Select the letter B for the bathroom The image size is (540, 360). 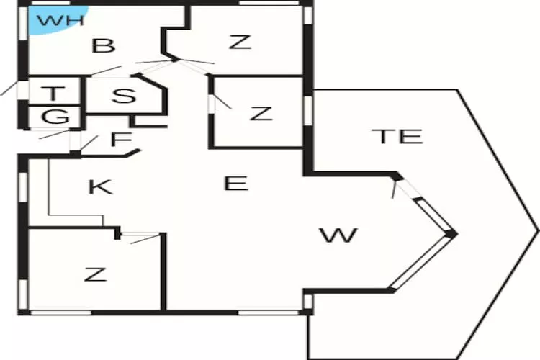(104, 47)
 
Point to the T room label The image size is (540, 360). (53, 93)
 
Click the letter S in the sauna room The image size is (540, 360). (124, 96)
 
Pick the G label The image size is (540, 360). (55, 117)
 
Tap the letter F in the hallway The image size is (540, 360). (118, 139)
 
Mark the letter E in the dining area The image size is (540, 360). (235, 184)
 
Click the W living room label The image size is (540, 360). (338, 235)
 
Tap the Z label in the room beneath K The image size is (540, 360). (94, 274)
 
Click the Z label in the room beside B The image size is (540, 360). (240, 42)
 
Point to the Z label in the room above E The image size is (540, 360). (261, 113)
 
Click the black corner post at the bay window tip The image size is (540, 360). (451, 233)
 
